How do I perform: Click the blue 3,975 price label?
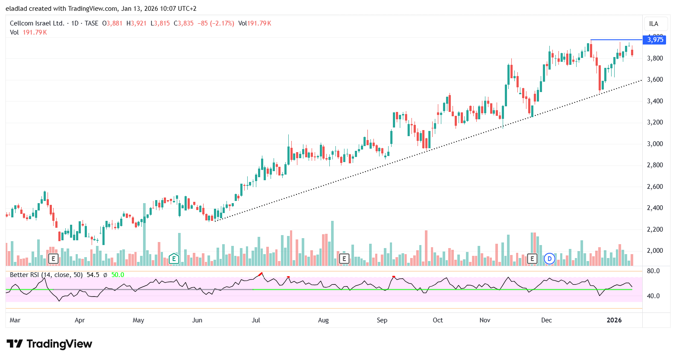[655, 40]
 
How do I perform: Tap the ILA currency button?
[654, 24]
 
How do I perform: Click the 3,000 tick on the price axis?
[655, 144]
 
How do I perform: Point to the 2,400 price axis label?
[655, 208]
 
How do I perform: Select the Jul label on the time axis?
[256, 320]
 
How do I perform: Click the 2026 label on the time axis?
[614, 320]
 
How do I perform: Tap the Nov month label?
[485, 320]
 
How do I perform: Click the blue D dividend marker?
[549, 259]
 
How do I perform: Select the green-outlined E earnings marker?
[174, 259]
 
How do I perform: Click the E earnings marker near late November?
[532, 259]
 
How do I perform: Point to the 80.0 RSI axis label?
[653, 271]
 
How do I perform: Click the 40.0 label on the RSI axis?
[653, 296]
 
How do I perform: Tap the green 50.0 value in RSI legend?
[118, 275]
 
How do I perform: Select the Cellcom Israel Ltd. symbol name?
[37, 23]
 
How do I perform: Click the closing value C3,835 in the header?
[184, 23]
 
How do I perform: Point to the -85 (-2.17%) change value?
[216, 23]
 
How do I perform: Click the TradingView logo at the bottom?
[49, 344]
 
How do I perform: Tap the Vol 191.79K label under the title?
[29, 32]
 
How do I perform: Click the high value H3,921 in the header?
[137, 23]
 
